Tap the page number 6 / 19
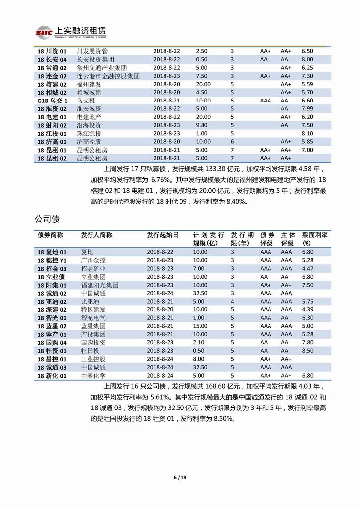[180, 478]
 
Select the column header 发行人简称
[96, 235]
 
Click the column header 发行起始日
[162, 235]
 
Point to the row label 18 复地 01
[52, 252]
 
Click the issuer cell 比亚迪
[90, 302]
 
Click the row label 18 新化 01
[52, 376]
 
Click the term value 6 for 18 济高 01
[232, 142]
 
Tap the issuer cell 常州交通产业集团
[102, 68]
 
